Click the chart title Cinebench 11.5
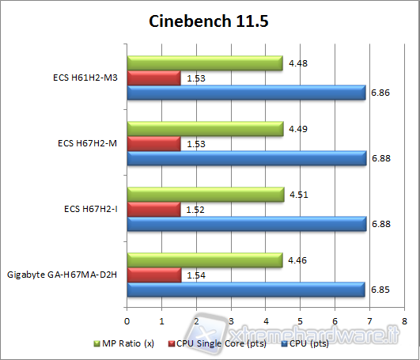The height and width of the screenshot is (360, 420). [x=209, y=21]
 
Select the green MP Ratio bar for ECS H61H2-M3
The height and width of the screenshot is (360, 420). [x=204, y=63]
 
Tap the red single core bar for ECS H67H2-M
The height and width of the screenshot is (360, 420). [x=153, y=144]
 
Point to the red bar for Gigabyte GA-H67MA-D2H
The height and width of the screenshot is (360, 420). [x=153, y=275]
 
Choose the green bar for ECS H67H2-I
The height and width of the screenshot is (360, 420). [x=205, y=194]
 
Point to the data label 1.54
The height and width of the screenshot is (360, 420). [x=195, y=275]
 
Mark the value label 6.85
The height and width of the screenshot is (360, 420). [x=380, y=291]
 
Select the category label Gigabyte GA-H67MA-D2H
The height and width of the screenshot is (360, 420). [x=64, y=275]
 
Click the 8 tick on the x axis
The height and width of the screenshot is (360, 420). [x=403, y=321]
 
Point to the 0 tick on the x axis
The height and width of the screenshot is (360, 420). [x=127, y=321]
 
